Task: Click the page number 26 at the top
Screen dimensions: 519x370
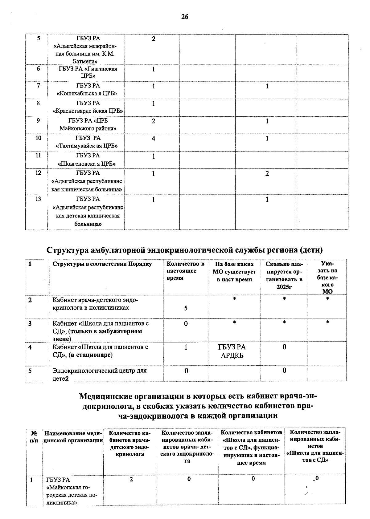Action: [x=184, y=17]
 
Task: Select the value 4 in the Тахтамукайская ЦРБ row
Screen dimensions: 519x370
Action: [x=153, y=138]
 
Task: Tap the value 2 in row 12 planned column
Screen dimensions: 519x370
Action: [x=267, y=174]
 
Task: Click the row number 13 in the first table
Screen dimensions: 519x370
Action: [x=38, y=199]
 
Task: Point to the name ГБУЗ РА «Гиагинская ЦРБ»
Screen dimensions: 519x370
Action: [x=88, y=72]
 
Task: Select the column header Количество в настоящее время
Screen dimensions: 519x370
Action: [x=185, y=271]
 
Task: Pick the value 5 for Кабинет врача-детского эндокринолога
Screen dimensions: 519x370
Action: [x=186, y=308]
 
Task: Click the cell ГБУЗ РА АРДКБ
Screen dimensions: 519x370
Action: [x=232, y=351]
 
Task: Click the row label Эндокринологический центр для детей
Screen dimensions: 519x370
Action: [x=99, y=375]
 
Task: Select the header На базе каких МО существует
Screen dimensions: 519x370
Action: [x=234, y=272]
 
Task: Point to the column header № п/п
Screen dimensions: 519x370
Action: [x=34, y=437]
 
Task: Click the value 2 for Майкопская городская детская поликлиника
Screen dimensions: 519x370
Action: [x=131, y=480]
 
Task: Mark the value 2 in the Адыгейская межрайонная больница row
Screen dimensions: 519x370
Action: [x=154, y=39]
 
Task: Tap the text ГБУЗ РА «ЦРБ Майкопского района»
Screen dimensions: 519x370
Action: [x=88, y=124]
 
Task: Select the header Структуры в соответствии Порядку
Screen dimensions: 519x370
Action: [x=102, y=264]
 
